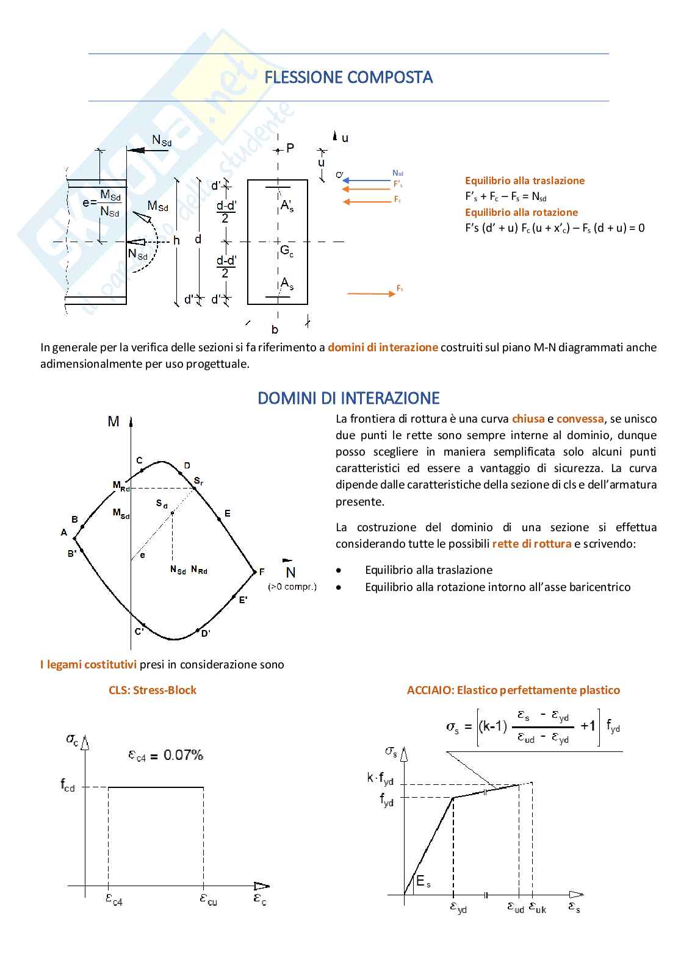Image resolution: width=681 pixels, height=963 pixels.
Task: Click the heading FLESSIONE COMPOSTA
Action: click(x=348, y=77)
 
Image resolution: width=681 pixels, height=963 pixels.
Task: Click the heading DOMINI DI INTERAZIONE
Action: click(x=348, y=398)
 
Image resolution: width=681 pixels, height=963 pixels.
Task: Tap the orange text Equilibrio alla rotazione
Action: click(x=521, y=212)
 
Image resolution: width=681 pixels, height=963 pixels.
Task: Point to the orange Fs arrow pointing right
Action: click(x=372, y=293)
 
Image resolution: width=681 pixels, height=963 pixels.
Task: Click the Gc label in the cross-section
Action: click(x=287, y=250)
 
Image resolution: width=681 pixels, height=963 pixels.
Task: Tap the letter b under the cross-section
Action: click(x=275, y=329)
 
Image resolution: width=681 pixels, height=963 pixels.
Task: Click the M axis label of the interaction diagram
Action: click(x=113, y=421)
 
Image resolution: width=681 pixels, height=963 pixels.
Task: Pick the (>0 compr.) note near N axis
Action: click(x=292, y=587)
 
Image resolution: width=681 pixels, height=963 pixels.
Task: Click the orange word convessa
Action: click(x=580, y=419)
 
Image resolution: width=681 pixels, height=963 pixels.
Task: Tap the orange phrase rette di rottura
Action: click(x=531, y=543)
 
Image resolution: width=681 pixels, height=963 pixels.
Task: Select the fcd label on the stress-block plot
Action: click(x=68, y=785)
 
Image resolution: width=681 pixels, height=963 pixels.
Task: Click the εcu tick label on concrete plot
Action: click(x=208, y=900)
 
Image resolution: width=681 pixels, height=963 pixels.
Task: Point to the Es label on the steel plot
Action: click(x=423, y=881)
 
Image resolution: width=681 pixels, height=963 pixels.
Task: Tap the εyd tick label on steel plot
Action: click(x=458, y=908)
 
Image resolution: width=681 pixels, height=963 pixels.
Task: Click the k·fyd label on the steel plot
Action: click(x=380, y=778)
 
